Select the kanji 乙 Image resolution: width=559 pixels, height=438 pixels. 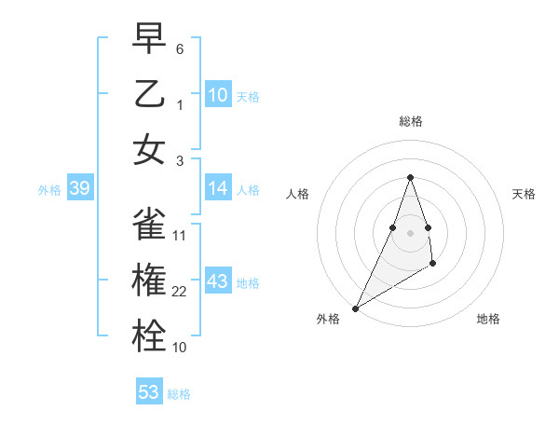pos(150,94)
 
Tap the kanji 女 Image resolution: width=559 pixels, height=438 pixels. pos(150,151)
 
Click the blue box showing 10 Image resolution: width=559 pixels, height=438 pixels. pos(217,94)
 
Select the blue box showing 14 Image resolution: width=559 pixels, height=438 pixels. pos(217,188)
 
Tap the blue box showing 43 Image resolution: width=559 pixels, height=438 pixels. pos(217,281)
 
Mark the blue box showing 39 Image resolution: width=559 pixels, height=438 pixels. pos(79,189)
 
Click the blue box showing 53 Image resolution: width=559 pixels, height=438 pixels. pos(149,392)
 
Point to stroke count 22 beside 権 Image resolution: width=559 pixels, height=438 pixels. pos(181,292)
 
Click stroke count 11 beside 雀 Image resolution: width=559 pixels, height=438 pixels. pos(180,235)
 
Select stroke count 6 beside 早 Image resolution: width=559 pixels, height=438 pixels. pos(180,48)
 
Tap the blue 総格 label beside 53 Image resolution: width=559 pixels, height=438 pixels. pos(179,394)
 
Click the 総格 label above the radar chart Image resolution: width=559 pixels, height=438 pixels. pos(410,121)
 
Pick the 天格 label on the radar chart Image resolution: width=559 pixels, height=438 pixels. pos(525,194)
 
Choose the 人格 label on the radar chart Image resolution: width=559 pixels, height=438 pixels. pos(297,194)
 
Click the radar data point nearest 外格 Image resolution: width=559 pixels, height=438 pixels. pos(355,308)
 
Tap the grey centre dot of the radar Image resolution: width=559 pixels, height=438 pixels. pos(410,232)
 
